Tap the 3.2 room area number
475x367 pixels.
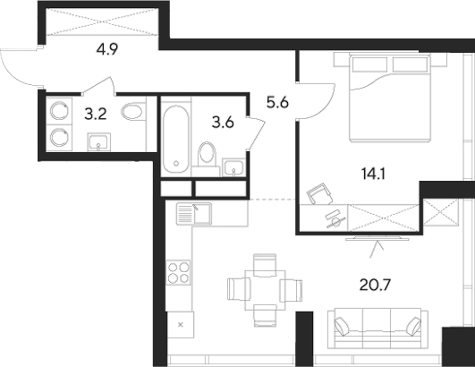[93, 115]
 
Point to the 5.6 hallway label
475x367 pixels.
[277, 101]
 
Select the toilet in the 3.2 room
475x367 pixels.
[132, 113]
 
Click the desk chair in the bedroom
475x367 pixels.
[318, 193]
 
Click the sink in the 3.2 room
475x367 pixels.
[99, 141]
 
